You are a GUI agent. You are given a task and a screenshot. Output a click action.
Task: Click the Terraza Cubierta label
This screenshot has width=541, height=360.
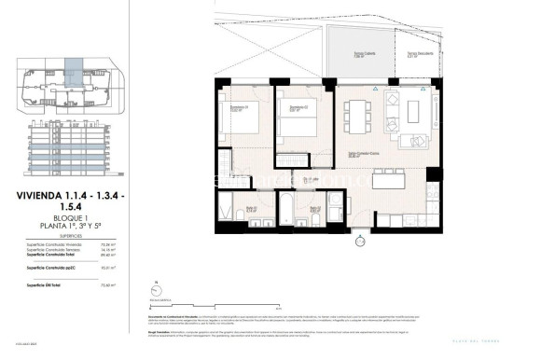pos(350,54)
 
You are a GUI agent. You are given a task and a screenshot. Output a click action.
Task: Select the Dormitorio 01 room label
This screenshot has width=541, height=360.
pos(239,109)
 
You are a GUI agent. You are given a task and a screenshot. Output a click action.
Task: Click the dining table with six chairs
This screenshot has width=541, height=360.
pos(357,113)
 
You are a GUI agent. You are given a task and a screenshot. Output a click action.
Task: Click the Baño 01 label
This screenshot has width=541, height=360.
pos(252,209)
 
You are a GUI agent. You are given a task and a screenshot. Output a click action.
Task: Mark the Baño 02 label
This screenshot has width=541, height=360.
pos(315,209)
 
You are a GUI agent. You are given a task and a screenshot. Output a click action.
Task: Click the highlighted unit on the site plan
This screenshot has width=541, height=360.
pos(72,66)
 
